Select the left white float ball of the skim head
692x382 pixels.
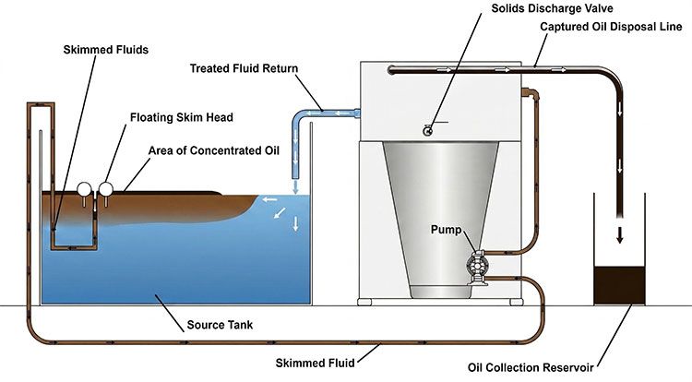point(85,190)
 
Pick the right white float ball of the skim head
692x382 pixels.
point(105,189)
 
